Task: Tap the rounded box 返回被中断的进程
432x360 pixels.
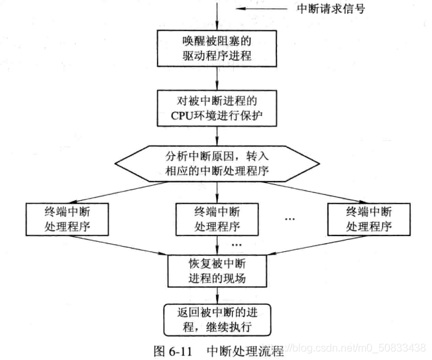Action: tap(217, 320)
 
